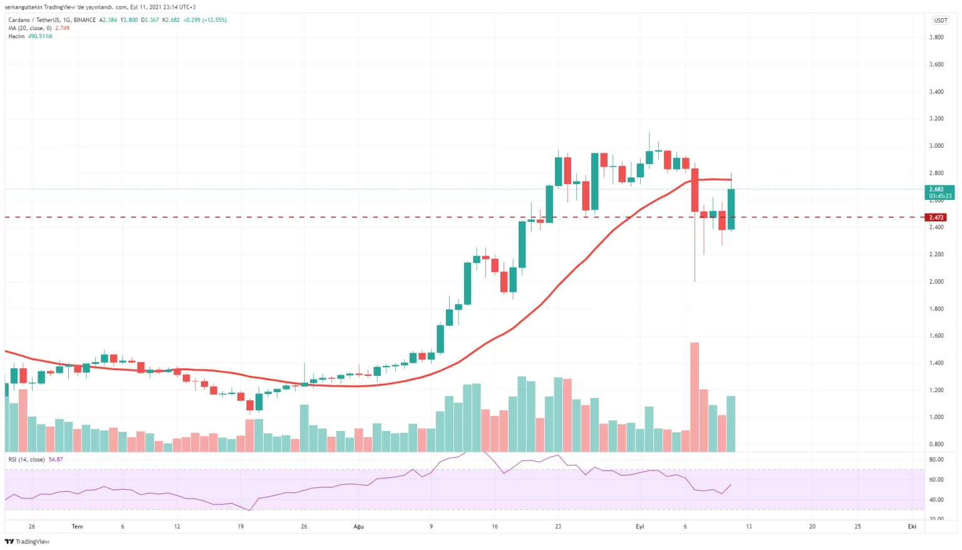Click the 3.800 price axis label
tap(936, 38)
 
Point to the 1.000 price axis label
tap(936, 417)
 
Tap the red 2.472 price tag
tap(936, 217)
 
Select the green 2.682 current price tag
tap(939, 192)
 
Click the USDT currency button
tap(941, 21)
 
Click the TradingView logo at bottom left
tap(27, 542)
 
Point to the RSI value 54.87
tap(56, 460)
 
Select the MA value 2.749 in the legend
tap(62, 28)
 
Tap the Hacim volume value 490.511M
tap(40, 36)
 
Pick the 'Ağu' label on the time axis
tap(358, 527)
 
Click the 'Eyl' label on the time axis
tap(639, 527)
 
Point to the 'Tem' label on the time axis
tap(77, 527)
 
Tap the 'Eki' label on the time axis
tap(912, 527)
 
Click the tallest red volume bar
tap(694, 397)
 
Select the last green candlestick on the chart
tap(731, 209)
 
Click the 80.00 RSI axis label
tap(936, 460)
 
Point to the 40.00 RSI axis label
tap(936, 500)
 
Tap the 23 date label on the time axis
tap(558, 527)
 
